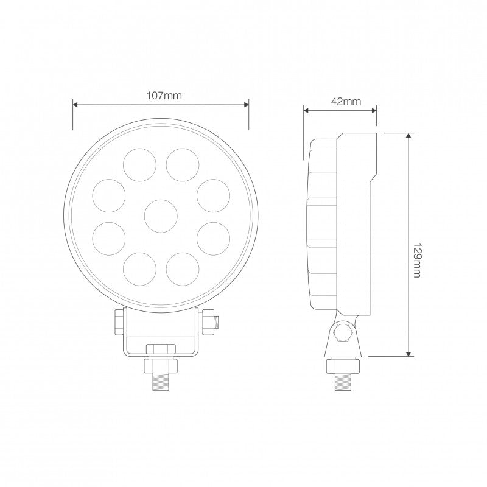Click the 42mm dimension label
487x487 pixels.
pyautogui.click(x=344, y=102)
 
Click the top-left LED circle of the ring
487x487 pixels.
pyautogui.click(x=141, y=164)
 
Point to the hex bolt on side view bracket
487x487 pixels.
pyautogui.click(x=341, y=334)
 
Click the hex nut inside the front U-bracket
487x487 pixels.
pyautogui.click(x=161, y=349)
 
